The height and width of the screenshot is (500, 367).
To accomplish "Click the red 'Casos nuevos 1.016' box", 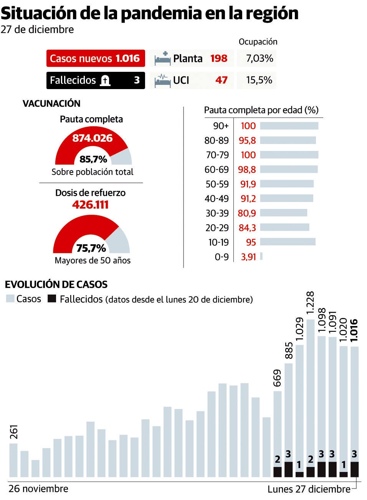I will (96, 58).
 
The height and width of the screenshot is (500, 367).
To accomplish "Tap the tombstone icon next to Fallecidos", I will (105, 80).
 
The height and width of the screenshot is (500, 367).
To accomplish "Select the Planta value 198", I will (219, 58).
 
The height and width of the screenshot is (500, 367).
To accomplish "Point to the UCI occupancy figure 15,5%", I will (259, 80).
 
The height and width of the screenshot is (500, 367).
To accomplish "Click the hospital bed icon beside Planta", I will (162, 58).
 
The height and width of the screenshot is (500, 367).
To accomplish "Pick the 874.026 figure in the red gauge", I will (93, 138).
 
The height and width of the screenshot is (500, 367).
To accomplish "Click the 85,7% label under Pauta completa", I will (93, 159).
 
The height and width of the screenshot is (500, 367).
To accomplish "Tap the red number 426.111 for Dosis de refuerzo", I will (91, 205).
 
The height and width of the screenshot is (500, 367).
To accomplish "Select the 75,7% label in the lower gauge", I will (91, 248).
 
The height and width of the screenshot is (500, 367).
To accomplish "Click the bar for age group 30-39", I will (284, 213).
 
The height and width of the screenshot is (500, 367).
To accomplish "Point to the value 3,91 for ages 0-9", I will (248, 257).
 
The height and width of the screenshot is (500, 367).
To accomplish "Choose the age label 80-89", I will (217, 141).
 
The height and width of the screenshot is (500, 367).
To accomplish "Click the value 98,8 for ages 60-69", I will (247, 169).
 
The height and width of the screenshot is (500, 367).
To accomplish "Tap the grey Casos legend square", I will (10, 298).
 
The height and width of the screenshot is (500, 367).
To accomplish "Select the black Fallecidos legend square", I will (52, 298).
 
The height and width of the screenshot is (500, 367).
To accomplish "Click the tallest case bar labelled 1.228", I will (311, 396).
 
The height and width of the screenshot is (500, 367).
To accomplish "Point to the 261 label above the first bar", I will (14, 432).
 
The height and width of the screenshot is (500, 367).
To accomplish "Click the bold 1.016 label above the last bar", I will (354, 330).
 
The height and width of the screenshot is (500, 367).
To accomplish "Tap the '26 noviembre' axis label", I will (38, 488).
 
